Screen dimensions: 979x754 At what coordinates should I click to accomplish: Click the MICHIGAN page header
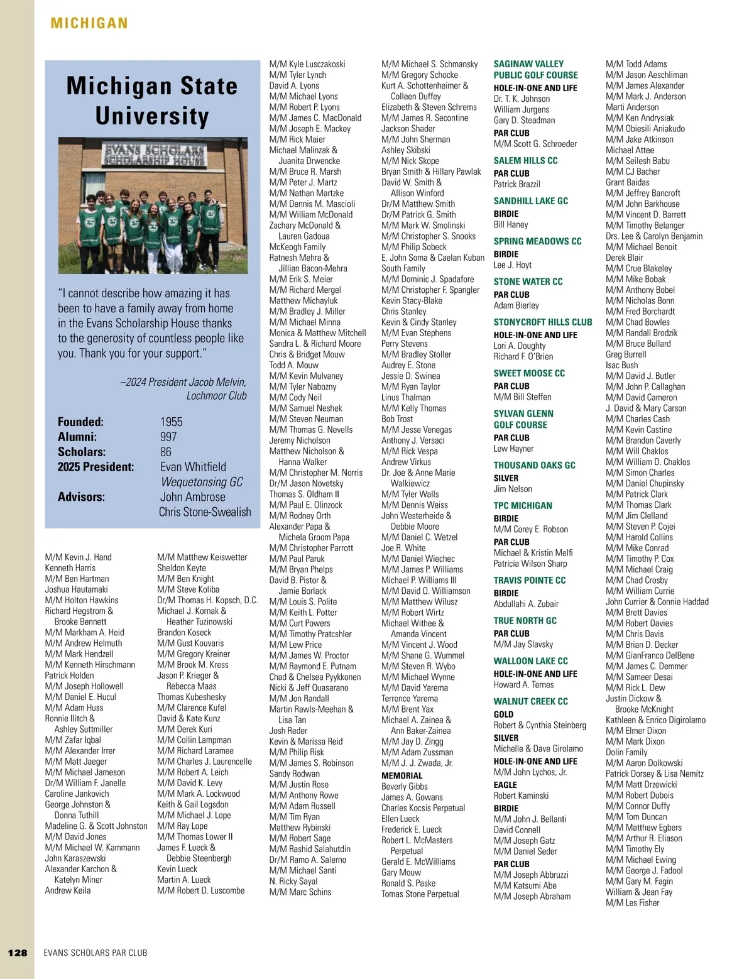[x=89, y=24]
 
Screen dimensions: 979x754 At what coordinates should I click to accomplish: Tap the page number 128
[x=18, y=953]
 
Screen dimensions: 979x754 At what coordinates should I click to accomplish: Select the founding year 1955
[x=172, y=422]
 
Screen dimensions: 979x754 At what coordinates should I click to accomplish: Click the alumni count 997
[x=168, y=437]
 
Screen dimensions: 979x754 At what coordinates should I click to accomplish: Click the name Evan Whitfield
[x=193, y=467]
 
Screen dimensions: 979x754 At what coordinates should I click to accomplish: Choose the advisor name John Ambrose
[x=192, y=497]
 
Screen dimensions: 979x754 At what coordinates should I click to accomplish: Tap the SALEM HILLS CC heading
[x=525, y=161]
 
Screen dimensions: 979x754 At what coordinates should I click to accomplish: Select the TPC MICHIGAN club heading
[x=523, y=506]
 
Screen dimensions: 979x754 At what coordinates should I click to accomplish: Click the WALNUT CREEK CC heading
[x=530, y=701]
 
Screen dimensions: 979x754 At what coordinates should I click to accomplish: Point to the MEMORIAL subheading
[x=402, y=776]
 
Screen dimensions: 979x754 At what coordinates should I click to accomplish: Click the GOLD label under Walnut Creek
[x=503, y=714]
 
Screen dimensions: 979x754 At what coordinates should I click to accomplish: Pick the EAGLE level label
[x=505, y=785]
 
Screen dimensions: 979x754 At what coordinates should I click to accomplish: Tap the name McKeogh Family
[x=297, y=247]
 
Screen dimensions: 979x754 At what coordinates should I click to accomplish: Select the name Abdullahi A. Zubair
[x=526, y=604]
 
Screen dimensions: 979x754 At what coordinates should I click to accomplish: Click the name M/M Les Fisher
[x=632, y=903]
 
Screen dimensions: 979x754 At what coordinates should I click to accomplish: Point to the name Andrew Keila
[x=68, y=890]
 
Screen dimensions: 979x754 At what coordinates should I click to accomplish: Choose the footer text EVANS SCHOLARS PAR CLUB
[x=96, y=953]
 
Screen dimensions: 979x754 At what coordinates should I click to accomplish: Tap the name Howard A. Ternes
[x=523, y=685]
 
